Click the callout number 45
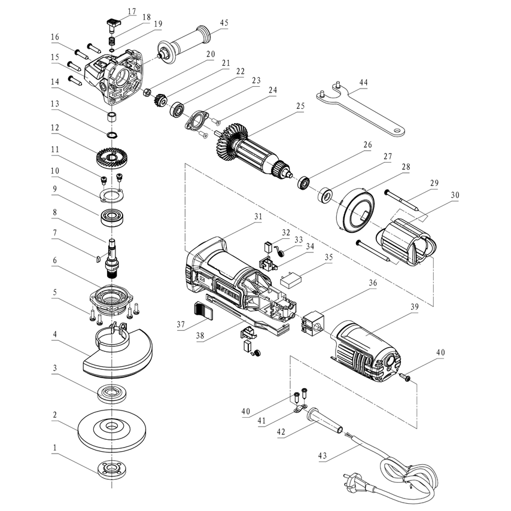pos(224,23)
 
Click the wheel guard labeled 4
pos(117,357)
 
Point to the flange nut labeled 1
pos(112,468)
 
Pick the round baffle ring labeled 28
pos(355,209)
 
